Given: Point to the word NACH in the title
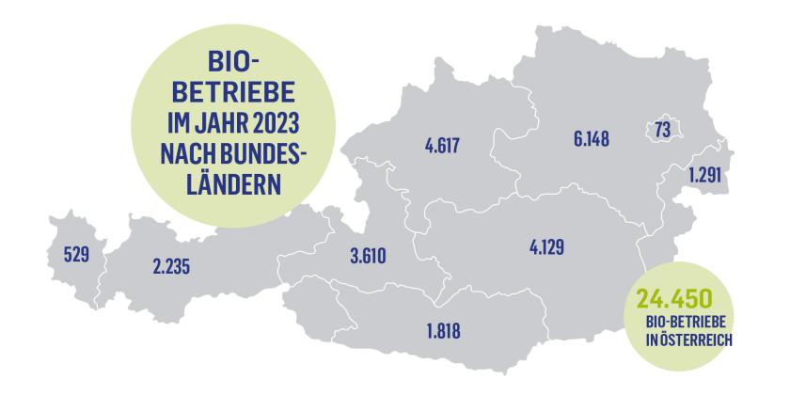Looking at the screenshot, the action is coord(170,152).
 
